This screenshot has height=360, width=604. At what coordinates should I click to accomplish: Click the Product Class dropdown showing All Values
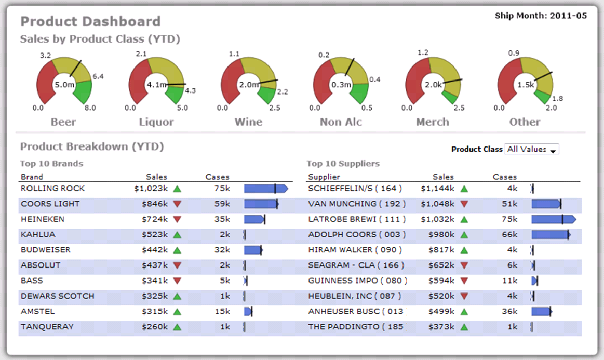(531, 150)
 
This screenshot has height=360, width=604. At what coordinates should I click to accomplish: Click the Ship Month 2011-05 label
(541, 16)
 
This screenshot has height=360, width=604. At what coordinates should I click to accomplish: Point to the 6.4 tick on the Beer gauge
(98, 77)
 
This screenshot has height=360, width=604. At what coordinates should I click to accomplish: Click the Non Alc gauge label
(341, 122)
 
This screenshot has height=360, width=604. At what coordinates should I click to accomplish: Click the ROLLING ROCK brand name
(52, 189)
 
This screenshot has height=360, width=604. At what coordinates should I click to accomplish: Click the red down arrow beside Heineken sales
(177, 219)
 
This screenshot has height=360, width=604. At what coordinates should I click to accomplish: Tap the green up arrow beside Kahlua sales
(177, 235)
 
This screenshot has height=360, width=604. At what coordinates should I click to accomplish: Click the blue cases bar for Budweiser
(252, 250)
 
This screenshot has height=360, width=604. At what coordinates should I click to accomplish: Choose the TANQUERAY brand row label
(47, 327)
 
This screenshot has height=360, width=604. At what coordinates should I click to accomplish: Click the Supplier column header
(324, 177)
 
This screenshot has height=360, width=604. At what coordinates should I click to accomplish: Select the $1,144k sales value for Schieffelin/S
(438, 189)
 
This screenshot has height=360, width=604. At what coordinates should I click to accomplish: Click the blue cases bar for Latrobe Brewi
(553, 219)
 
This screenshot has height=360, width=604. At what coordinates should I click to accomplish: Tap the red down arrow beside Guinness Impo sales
(464, 281)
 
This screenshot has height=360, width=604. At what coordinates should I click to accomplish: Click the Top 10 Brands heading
(51, 164)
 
